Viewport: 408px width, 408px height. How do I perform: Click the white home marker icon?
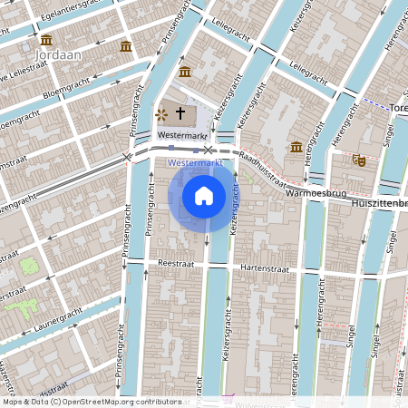[204, 195]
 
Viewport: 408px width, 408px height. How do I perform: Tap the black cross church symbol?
[180, 113]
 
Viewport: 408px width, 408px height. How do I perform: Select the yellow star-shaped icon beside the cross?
[161, 114]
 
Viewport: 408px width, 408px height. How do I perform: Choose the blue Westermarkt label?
[196, 162]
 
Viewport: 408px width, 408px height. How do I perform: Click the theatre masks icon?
[359, 160]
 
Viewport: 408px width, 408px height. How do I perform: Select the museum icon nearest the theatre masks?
[296, 147]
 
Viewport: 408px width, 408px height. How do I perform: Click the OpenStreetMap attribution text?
[91, 402]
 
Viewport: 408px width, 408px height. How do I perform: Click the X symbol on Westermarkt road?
[209, 149]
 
